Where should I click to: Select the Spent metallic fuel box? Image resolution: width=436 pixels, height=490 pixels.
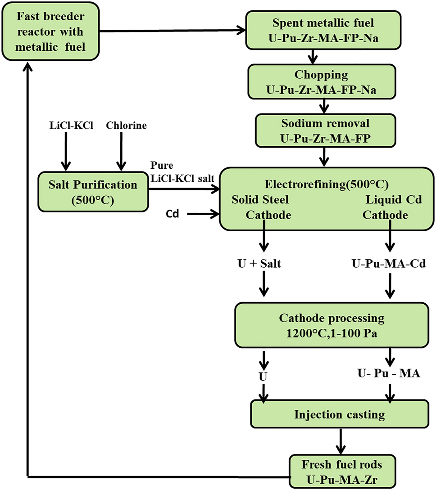click(x=323, y=30)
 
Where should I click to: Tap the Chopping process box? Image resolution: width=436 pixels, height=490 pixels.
click(x=322, y=82)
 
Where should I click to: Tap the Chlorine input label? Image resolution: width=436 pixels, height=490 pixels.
click(x=127, y=126)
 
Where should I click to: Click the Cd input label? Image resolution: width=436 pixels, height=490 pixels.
click(x=173, y=214)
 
